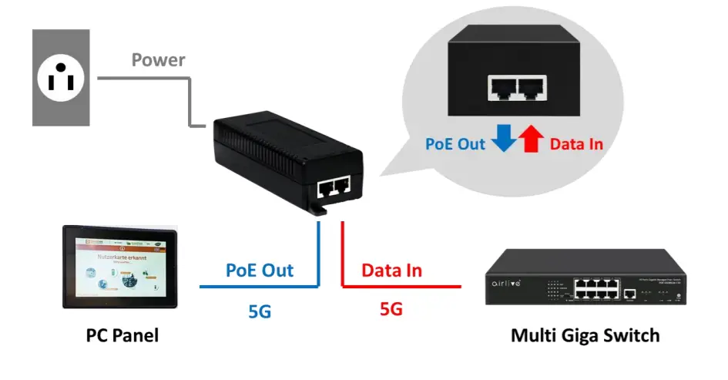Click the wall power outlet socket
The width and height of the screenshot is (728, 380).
pos(60,77)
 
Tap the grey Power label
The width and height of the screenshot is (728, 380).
pos(159,59)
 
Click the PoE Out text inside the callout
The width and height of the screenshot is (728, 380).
pos(456,143)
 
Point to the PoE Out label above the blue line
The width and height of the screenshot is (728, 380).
pos(260,270)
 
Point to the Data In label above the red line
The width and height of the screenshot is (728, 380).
pos(391,271)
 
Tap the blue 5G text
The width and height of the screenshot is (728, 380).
pos(259,311)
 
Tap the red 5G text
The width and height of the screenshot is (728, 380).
pos(391,310)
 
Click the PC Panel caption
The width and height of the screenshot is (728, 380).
pos(122,336)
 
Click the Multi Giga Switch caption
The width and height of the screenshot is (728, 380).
pos(585,336)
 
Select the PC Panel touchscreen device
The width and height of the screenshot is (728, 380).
pos(119,267)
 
